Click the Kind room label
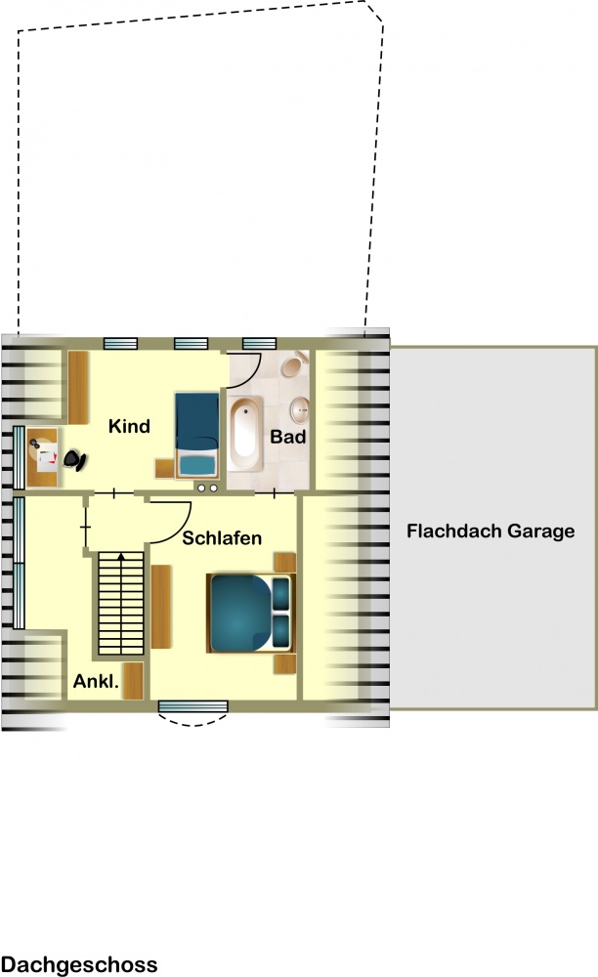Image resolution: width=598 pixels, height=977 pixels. pos(129,426)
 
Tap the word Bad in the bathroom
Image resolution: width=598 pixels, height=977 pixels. pos(288,437)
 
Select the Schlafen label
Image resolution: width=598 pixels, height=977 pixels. pos(222,537)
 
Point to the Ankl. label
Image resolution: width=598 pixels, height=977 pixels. pos(96,681)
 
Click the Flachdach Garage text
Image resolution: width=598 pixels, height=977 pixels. pos(491,531)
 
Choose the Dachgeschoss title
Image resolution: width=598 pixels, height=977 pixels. pos(79,964)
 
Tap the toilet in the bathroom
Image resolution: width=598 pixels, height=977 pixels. pos(295,363)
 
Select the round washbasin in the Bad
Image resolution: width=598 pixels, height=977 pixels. pos(300,410)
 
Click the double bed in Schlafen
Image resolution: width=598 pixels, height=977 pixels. pos(250,614)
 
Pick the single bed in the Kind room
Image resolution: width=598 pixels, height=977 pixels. pos(196,435)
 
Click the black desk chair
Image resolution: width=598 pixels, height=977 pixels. pos(74,460)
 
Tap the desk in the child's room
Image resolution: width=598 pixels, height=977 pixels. pos(42,457)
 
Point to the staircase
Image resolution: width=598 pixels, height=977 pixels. pos(121,603)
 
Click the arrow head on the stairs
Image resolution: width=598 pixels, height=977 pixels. pos(121,557)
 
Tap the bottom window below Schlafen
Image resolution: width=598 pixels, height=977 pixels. pos(193,706)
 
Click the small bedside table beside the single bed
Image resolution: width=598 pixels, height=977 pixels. pos(164,468)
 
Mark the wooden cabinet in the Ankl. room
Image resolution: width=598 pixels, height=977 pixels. pos(133,680)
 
